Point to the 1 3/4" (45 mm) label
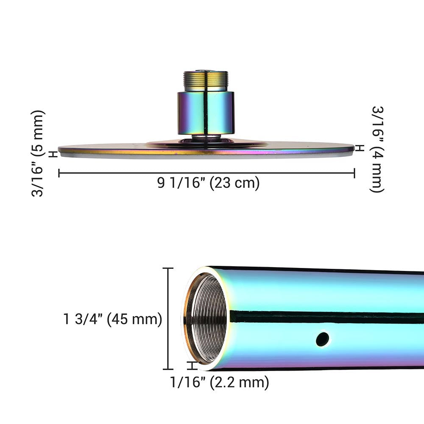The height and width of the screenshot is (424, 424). point(113,319)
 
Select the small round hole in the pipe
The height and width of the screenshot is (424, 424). point(322,339)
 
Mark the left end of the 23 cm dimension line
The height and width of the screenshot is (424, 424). point(59,173)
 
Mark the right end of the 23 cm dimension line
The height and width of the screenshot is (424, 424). point(354,173)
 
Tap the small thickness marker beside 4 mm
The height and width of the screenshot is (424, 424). point(360,148)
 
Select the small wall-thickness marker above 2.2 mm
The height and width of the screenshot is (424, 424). point(193,365)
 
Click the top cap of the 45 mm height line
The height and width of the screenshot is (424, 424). point(168,268)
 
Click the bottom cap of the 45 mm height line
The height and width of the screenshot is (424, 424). point(168,369)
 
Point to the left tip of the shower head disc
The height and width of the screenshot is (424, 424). point(59,149)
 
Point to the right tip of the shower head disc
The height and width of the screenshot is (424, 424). point(353,148)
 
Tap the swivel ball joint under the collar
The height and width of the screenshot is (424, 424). point(206,137)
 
